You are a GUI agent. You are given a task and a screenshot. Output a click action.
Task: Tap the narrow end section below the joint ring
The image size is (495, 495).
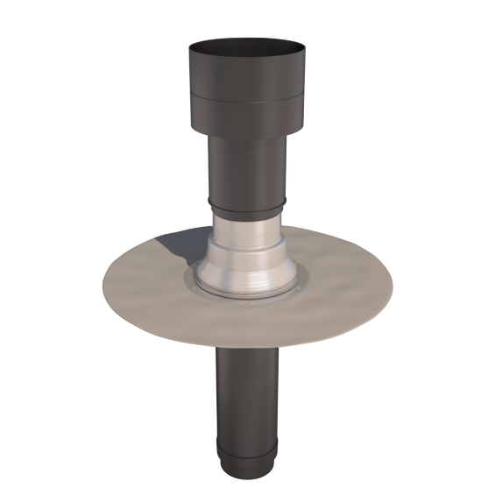pos(248,463)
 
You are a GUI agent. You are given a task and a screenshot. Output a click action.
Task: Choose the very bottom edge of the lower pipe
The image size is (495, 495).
pos(248,478)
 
